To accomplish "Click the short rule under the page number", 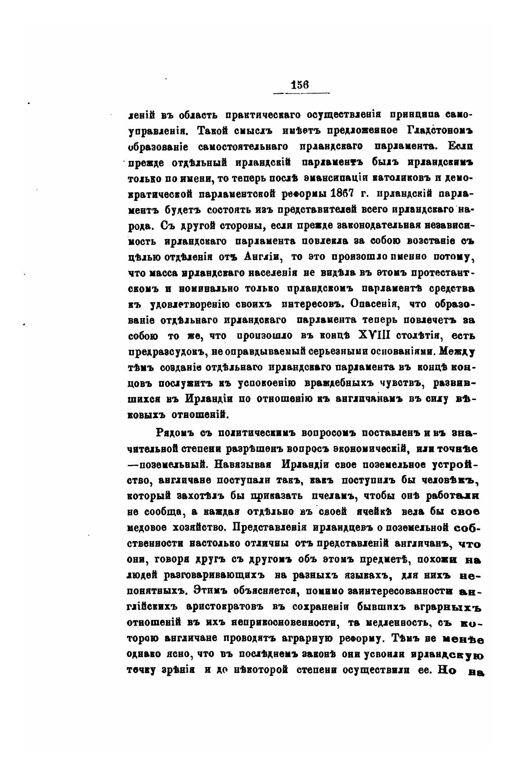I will pos(301,93).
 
